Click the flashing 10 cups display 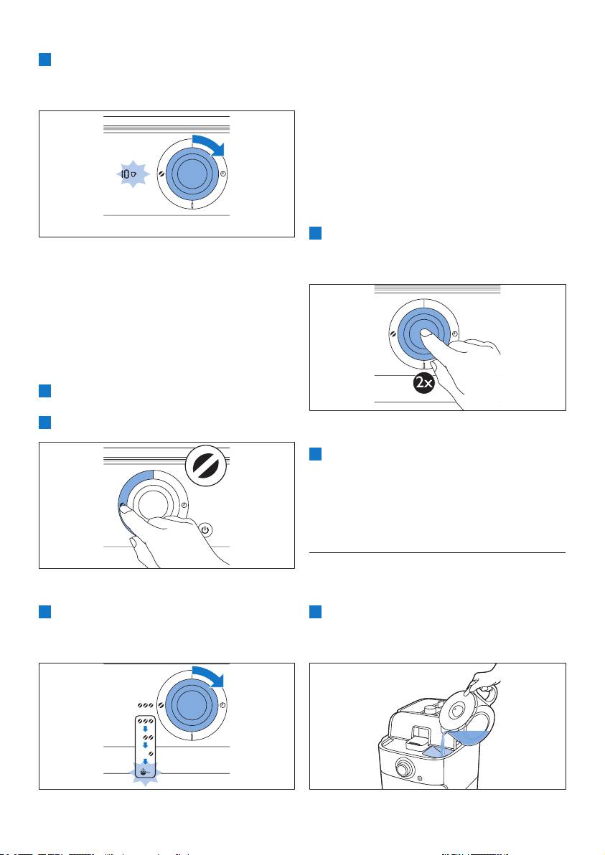point(128,174)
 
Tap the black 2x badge point(424,383)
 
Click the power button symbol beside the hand point(205,530)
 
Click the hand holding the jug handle point(483,678)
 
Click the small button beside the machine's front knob point(420,779)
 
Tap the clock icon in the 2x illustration point(455,334)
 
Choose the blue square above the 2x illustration point(315,233)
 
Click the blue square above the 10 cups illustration point(44,60)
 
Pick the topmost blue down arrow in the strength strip point(144,729)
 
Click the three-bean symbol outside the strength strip point(145,706)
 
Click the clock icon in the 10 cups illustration point(223,174)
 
